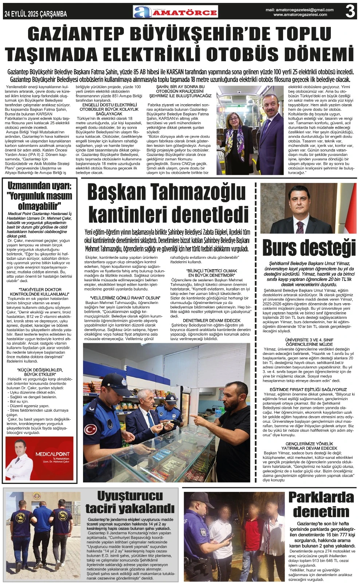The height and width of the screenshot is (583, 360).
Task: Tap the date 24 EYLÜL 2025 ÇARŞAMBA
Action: click(x=36, y=14)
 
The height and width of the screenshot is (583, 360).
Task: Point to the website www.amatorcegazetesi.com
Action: click(x=300, y=15)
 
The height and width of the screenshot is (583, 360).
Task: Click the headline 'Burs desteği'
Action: click(x=309, y=248)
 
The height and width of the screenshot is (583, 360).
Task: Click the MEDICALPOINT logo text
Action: click(x=52, y=454)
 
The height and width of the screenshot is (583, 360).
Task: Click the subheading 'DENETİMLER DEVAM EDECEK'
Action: click(x=211, y=320)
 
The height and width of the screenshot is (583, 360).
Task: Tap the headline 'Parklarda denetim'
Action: click(x=321, y=504)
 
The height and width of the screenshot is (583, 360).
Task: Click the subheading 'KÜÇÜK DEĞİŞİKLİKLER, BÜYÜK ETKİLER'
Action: click(x=40, y=372)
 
